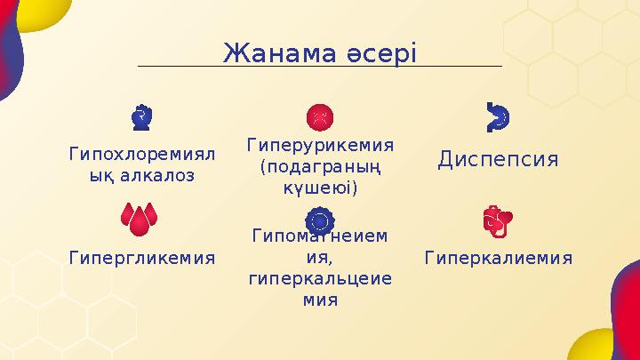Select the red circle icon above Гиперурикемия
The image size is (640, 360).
point(320,116)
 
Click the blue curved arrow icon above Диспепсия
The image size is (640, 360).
point(498,116)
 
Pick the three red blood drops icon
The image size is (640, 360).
point(142,220)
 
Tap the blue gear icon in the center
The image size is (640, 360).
point(320,220)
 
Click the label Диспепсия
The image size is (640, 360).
point(498,159)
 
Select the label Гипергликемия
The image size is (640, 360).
point(142,258)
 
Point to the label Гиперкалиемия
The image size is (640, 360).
point(498,258)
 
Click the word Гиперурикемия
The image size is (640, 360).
point(320,144)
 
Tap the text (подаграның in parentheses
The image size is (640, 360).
point(320,166)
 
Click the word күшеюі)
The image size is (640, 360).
point(320,188)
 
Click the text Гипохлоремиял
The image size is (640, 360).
point(142,154)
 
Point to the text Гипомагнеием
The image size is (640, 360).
point(320,236)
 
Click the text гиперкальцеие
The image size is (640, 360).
point(320,279)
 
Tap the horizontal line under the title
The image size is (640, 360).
point(320,67)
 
